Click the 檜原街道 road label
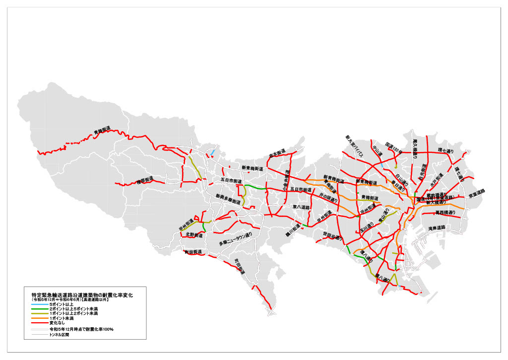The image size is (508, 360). (145, 181)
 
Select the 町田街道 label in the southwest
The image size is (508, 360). (192, 252)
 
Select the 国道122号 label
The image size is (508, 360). (393, 145)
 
